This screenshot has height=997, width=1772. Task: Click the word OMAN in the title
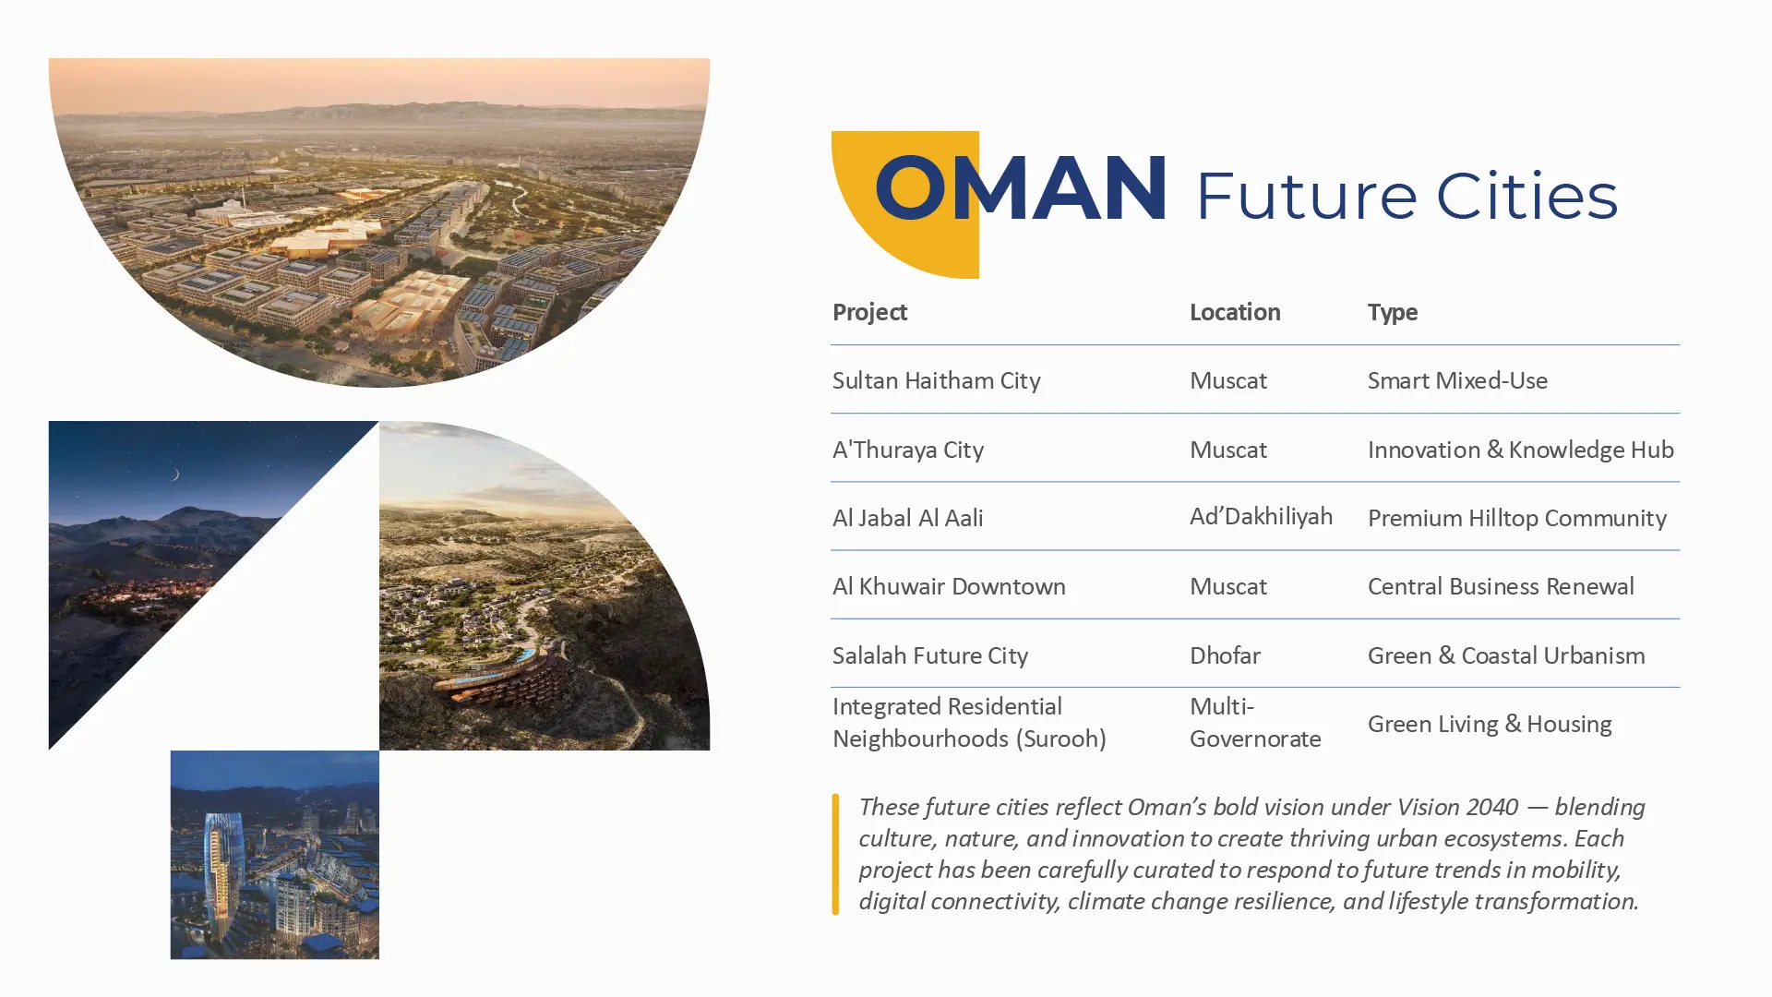click(x=1020, y=188)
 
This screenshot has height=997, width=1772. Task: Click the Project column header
click(x=869, y=312)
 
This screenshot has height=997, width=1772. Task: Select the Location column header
click(x=1235, y=312)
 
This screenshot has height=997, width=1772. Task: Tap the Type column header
click(x=1393, y=313)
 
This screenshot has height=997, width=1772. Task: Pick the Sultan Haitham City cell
click(x=936, y=380)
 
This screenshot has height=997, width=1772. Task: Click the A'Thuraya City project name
click(x=908, y=450)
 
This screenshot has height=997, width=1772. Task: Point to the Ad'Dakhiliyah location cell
click(x=1261, y=516)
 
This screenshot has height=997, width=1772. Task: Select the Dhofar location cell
click(x=1225, y=655)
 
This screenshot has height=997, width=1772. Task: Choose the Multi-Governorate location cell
click(x=1255, y=723)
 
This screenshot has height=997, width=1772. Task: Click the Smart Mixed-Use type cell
click(x=1457, y=380)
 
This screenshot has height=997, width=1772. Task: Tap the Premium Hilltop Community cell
click(x=1516, y=518)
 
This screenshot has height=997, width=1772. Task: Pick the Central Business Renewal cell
click(x=1501, y=586)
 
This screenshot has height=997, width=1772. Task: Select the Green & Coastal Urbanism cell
click(x=1506, y=655)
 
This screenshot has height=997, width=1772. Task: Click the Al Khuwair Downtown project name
click(x=949, y=586)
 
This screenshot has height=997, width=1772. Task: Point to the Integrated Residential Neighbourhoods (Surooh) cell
click(x=969, y=723)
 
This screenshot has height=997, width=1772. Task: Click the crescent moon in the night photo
click(x=174, y=474)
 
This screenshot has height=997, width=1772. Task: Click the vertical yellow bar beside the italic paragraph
click(x=835, y=854)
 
